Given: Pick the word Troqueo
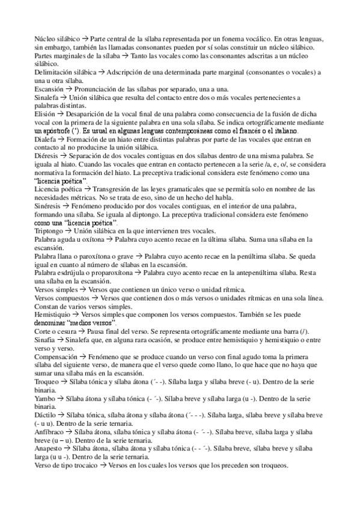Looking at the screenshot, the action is [x=47, y=382].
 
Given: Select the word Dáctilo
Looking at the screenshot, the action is [x=46, y=415].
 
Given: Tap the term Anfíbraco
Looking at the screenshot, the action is [x=49, y=432].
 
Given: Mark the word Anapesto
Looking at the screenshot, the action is [x=49, y=449].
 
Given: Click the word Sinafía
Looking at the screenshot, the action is [x=46, y=340].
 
